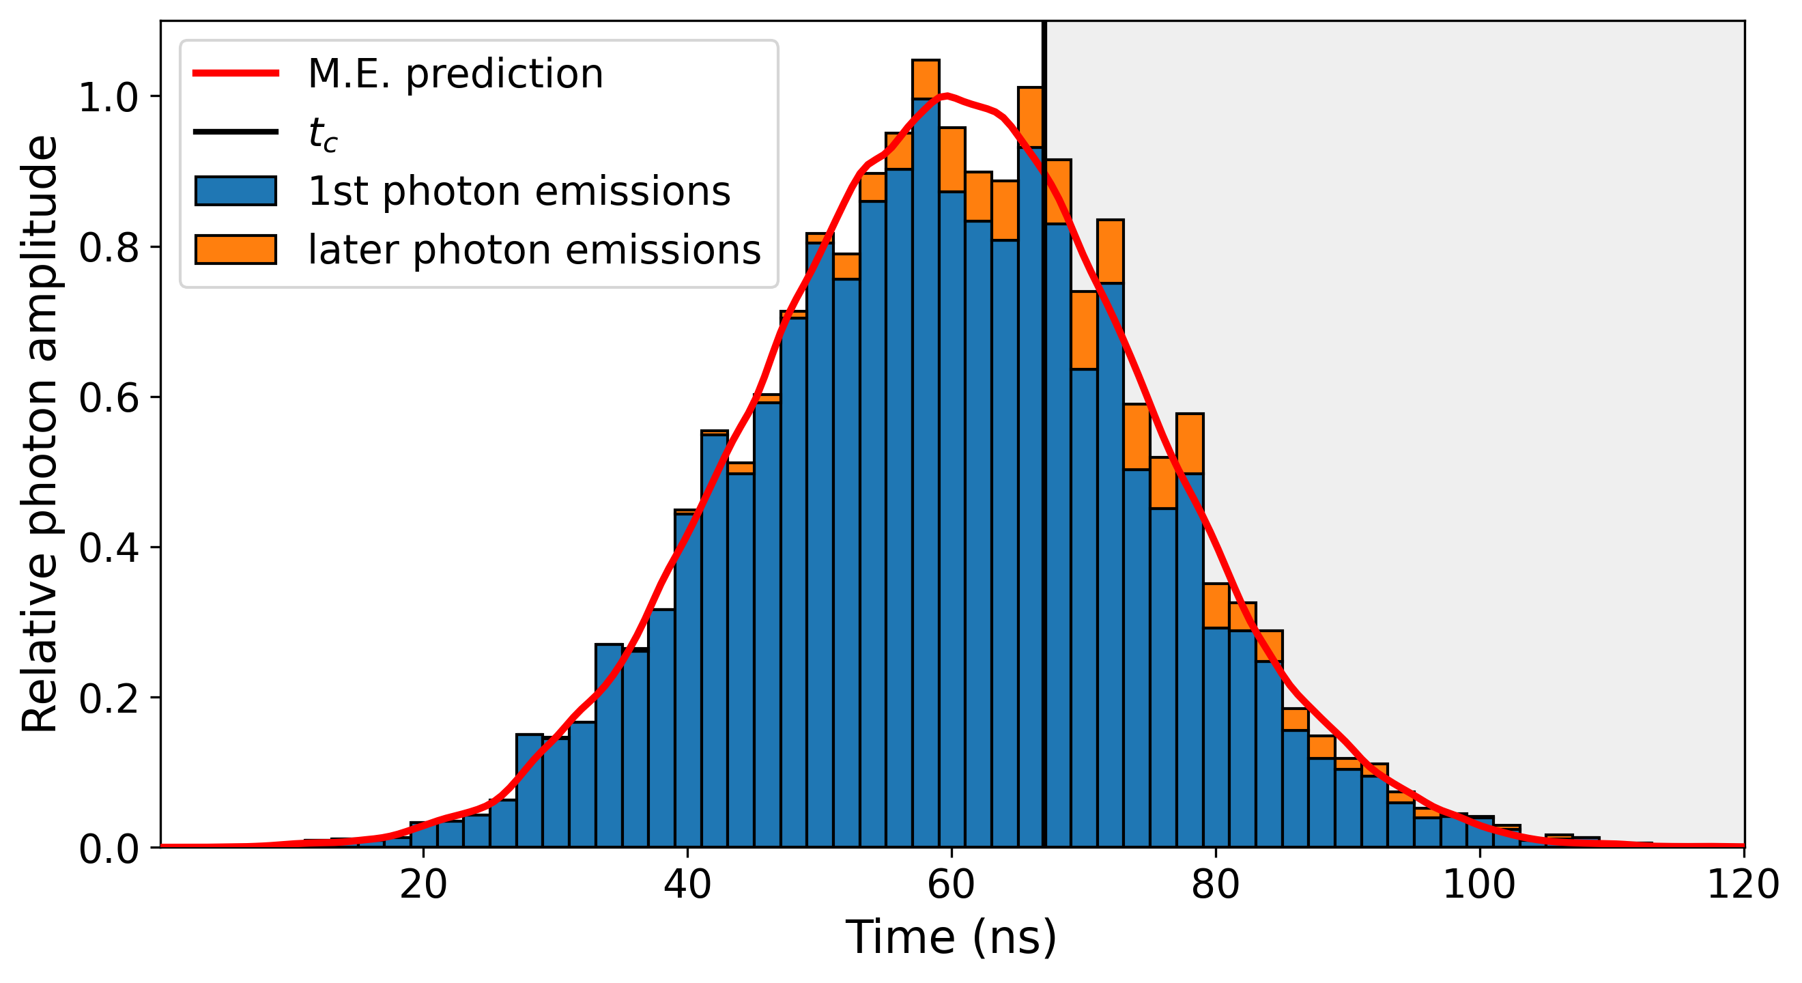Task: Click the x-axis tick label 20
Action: tap(423, 885)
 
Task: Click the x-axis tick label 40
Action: tap(687, 885)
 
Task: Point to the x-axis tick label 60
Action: tap(951, 885)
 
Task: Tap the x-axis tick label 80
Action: tap(1215, 885)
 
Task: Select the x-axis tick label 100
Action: tap(1479, 885)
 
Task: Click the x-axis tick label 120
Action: tap(1743, 885)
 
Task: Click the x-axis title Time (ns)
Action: tap(951, 938)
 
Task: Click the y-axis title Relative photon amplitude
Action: tap(40, 433)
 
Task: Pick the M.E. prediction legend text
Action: tap(455, 74)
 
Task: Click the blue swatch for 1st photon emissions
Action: tap(235, 191)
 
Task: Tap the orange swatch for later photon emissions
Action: tap(235, 250)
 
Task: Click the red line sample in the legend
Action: tap(235, 73)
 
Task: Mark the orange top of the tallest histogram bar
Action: tap(926, 79)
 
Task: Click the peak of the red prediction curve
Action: tap(946, 95)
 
